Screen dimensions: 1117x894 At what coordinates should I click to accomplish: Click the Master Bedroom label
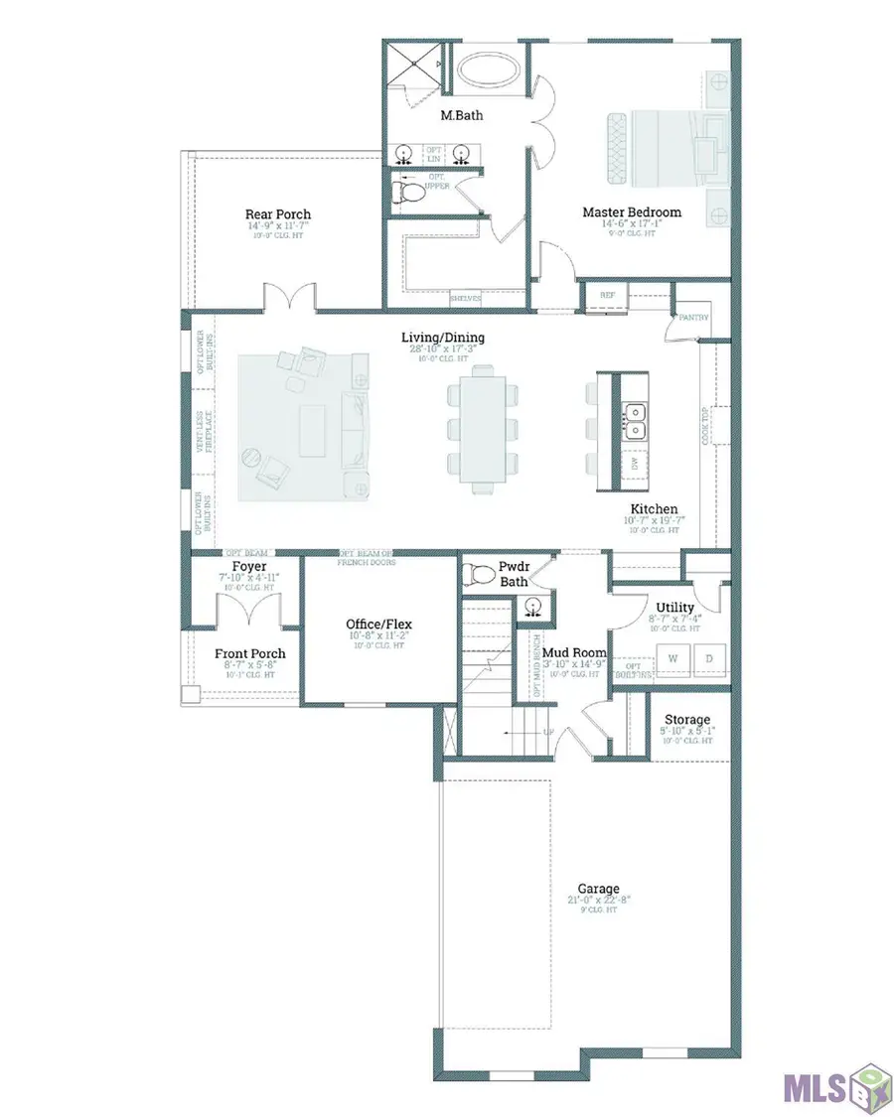632,211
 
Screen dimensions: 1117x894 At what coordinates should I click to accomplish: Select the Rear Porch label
278,214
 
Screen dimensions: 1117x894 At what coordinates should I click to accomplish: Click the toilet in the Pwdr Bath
482,573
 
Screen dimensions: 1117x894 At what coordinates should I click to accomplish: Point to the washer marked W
672,657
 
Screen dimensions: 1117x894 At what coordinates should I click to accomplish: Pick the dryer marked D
710,657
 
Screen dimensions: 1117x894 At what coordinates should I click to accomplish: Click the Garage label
599,889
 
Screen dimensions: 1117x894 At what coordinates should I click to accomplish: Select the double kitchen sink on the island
633,421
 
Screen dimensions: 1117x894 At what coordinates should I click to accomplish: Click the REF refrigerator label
608,294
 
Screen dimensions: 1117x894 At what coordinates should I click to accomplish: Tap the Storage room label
686,720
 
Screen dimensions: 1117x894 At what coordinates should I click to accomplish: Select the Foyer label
249,567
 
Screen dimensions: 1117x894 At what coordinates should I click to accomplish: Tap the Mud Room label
574,652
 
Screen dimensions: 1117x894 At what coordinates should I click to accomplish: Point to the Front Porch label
250,653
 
